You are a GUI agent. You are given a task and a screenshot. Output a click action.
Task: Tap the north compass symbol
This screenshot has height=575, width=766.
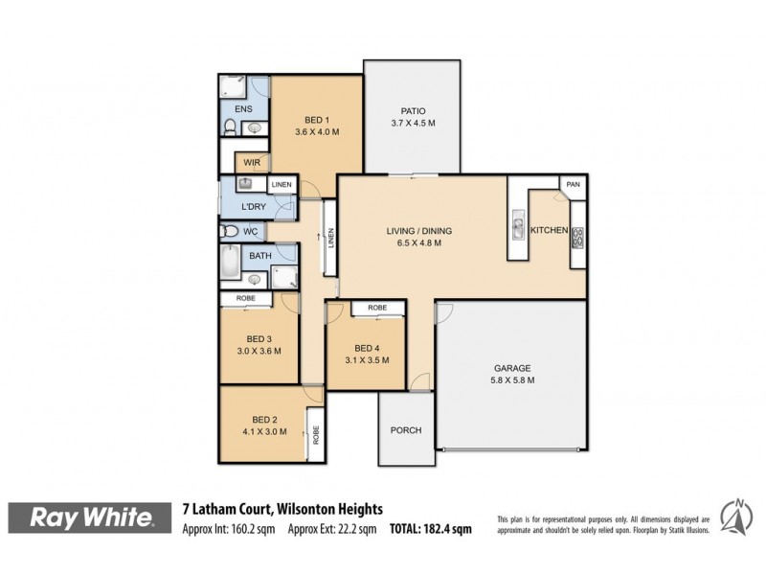(x=734, y=517)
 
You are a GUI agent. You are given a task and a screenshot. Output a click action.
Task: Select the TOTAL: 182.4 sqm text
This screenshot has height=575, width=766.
(x=430, y=528)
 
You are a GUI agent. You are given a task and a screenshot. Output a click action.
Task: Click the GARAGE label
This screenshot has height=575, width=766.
(x=512, y=368)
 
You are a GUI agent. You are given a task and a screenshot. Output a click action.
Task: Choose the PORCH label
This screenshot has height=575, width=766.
(x=405, y=430)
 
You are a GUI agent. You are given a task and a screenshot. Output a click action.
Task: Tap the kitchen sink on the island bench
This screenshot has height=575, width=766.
(x=517, y=228)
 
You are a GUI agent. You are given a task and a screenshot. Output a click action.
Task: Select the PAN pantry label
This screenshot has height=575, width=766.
(x=573, y=184)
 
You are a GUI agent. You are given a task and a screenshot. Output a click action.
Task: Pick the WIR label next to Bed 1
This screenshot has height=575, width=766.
(x=252, y=163)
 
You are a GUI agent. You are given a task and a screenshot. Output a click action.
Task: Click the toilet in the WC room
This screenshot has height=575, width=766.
(x=230, y=231)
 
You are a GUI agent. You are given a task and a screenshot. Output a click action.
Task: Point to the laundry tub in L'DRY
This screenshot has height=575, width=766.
(x=245, y=184)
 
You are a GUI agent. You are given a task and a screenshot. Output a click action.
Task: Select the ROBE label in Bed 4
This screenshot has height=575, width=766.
(x=377, y=308)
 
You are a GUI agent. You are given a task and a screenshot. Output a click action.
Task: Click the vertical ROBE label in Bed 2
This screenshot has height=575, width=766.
(x=314, y=433)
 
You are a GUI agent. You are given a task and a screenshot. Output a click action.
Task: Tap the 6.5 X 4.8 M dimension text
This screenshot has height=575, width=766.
(x=418, y=243)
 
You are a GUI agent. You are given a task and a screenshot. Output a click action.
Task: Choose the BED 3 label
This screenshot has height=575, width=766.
(x=259, y=339)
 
